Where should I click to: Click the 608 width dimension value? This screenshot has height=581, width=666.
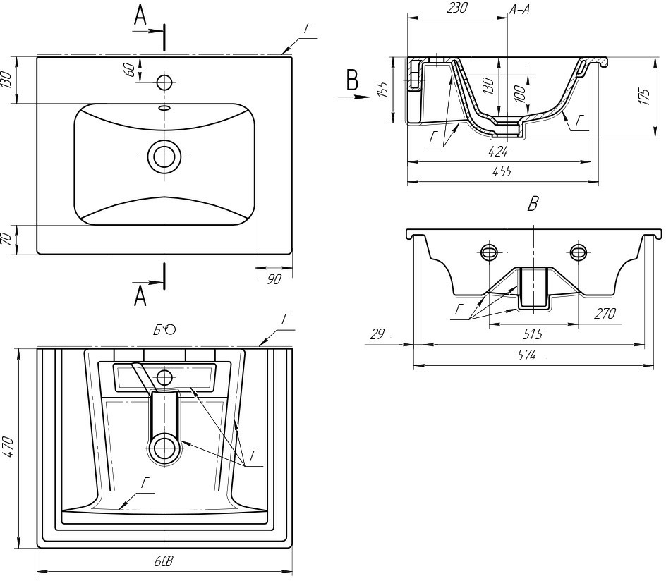click(164, 561)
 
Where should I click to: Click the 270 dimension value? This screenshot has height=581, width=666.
click(605, 313)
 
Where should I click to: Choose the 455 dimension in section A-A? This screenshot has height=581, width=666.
click(502, 171)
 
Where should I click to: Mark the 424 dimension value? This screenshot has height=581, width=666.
click(497, 150)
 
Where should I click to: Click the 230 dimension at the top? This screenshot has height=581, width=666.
click(456, 8)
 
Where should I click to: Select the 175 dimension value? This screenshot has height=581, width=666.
click(643, 97)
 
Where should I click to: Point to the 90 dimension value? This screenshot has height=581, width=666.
click(274, 280)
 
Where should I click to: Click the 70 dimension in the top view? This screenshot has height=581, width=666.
click(8, 240)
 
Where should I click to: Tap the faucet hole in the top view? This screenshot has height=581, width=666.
click(164, 82)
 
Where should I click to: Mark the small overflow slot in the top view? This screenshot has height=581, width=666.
click(164, 108)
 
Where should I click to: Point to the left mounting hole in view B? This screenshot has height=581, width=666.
click(490, 252)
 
